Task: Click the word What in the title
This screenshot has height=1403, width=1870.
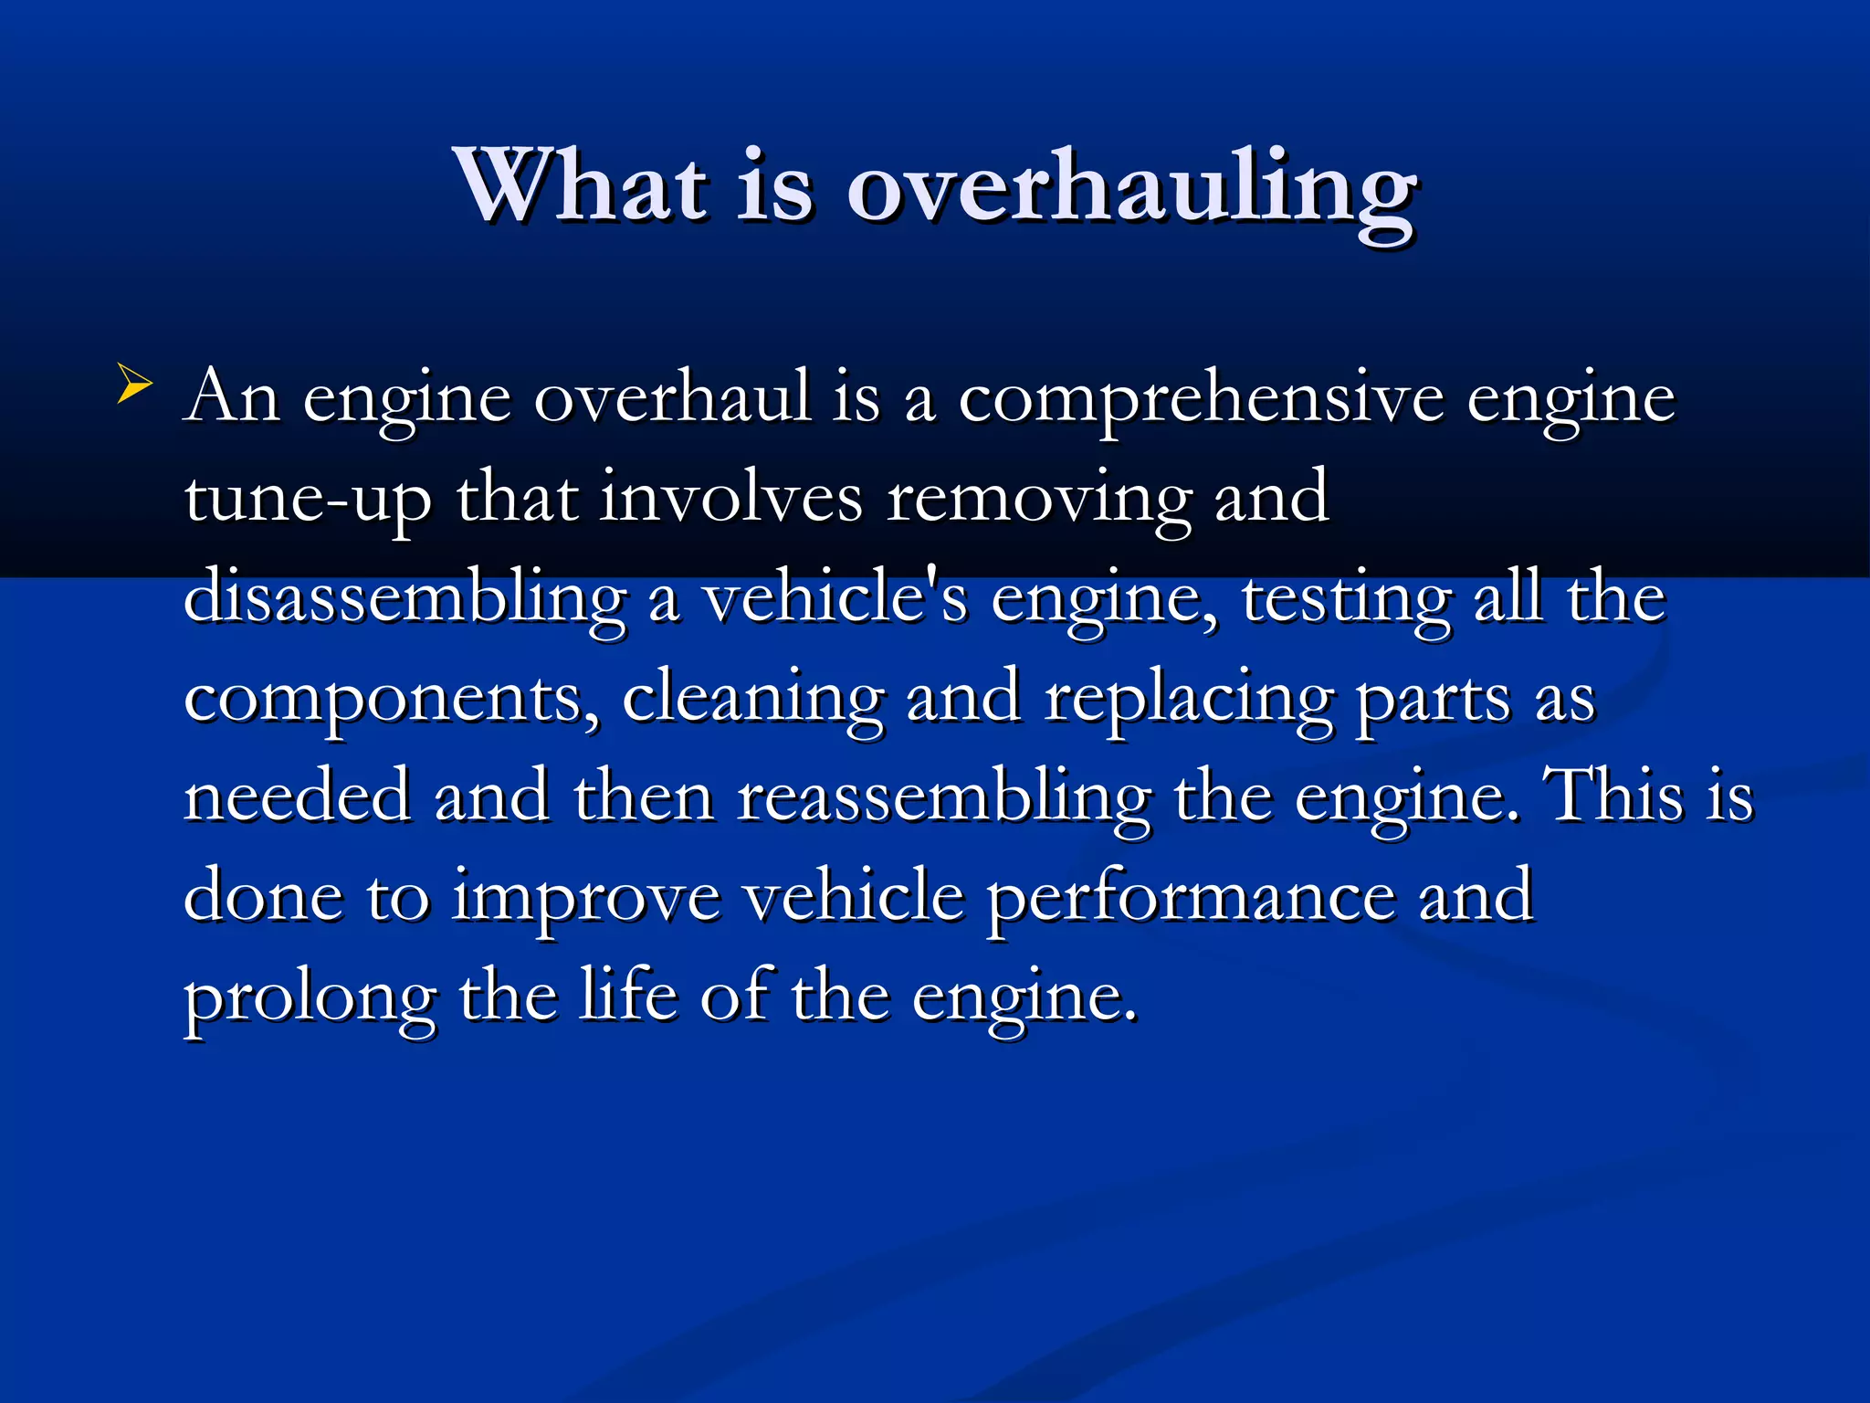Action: point(583,187)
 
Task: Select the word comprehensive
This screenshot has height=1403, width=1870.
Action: point(1201,400)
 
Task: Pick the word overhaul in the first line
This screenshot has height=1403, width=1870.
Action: point(672,398)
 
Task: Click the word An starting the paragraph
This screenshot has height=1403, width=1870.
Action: point(232,398)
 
